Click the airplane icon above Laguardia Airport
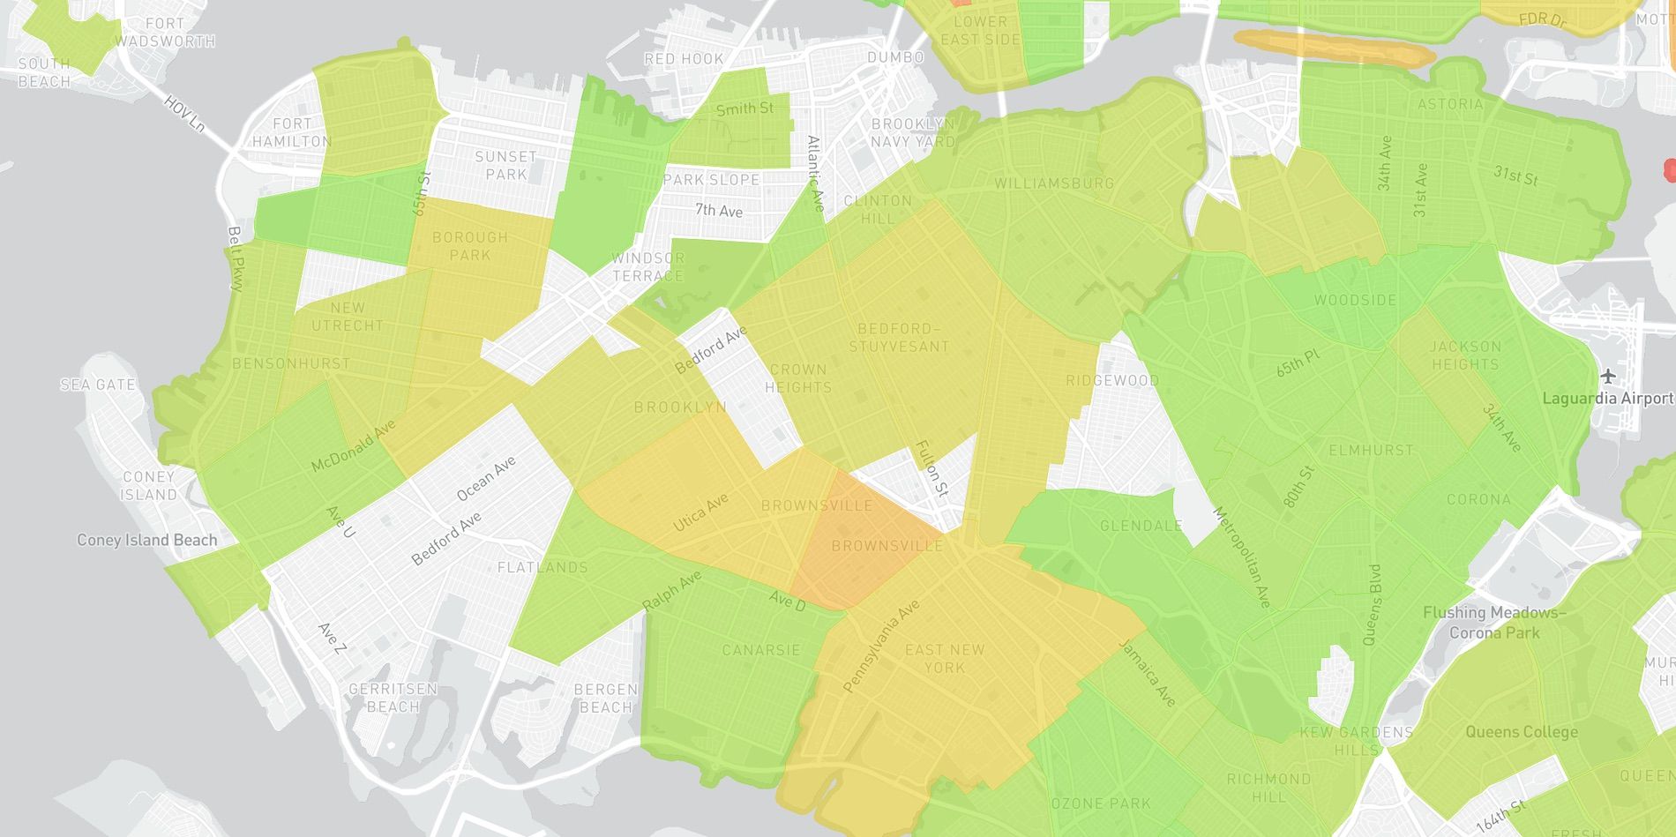(x=1609, y=377)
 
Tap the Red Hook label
(x=684, y=59)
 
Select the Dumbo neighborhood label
(x=895, y=57)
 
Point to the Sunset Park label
(x=505, y=165)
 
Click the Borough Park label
(x=469, y=246)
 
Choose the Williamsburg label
(x=1054, y=183)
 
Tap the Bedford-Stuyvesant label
(x=899, y=337)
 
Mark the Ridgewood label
(x=1112, y=380)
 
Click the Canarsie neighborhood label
(x=761, y=650)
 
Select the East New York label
(x=945, y=659)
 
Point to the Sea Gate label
(x=98, y=385)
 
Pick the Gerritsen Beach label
(x=393, y=698)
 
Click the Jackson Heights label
(x=1465, y=355)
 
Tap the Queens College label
(x=1522, y=731)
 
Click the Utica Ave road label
(x=701, y=512)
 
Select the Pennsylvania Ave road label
(x=881, y=646)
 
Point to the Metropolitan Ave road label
(x=1242, y=557)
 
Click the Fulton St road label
(x=932, y=468)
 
